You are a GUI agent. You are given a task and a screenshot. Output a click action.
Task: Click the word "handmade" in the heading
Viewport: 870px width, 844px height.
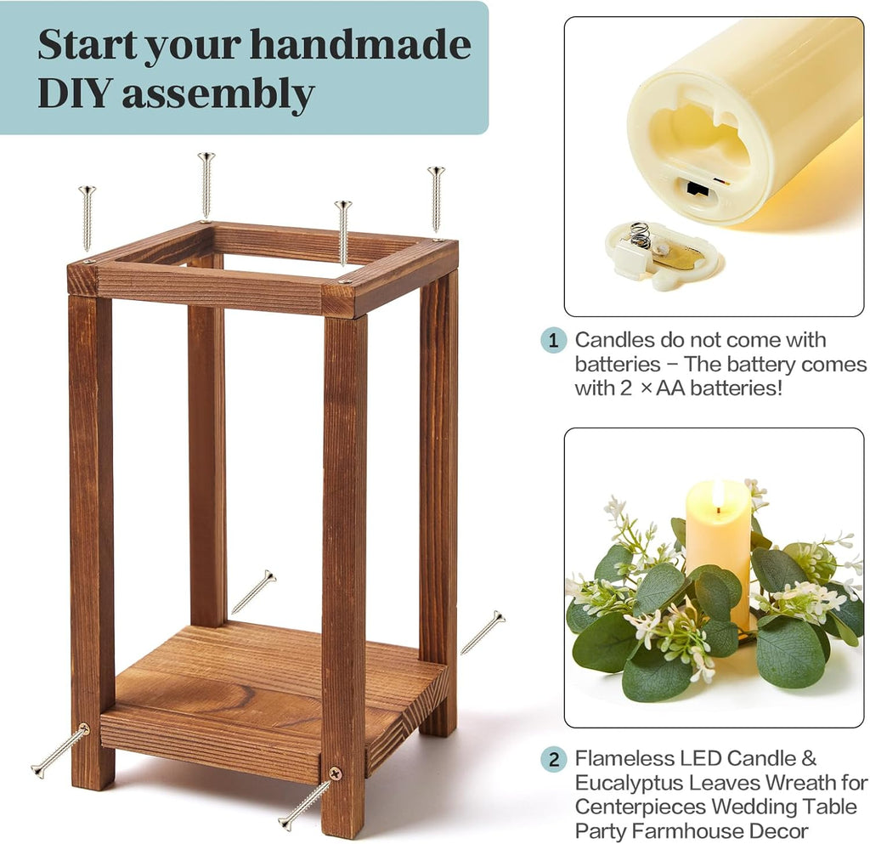click(x=360, y=44)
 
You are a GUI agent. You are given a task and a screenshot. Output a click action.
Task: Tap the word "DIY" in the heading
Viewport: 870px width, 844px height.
click(x=76, y=93)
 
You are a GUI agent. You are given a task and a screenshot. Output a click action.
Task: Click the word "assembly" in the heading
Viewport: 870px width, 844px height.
click(x=218, y=95)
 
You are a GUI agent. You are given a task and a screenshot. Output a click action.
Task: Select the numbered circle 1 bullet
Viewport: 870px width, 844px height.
click(x=553, y=340)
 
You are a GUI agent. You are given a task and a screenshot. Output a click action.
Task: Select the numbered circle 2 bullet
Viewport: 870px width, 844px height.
click(x=553, y=758)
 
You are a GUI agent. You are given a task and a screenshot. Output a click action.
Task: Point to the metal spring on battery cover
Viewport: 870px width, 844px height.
click(x=641, y=235)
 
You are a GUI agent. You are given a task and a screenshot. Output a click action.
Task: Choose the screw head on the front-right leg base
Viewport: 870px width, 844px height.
click(x=335, y=773)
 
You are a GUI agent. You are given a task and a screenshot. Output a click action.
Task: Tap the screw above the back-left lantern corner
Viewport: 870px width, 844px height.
click(x=206, y=186)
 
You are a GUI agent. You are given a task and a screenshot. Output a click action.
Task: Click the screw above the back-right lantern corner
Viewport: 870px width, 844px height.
click(x=436, y=200)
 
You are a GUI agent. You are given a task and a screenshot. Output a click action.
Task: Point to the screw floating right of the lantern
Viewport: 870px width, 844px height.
click(x=483, y=632)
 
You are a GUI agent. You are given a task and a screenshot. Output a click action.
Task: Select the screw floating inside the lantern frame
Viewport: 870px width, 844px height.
click(x=253, y=592)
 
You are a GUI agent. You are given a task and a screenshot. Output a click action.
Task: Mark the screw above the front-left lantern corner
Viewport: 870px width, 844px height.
click(x=88, y=218)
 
